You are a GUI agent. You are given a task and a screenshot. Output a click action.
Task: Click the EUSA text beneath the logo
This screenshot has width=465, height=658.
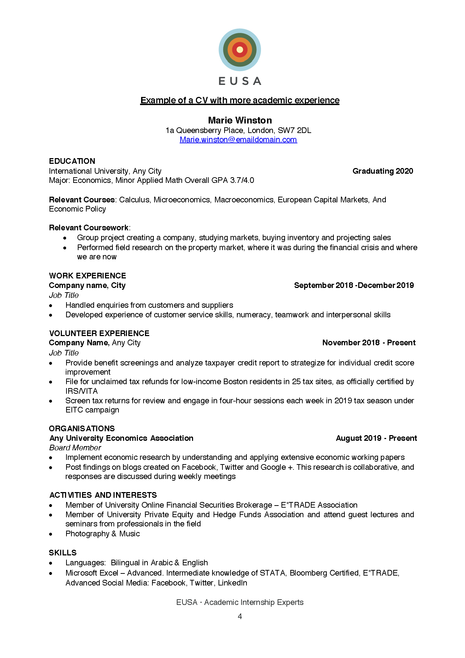(240, 81)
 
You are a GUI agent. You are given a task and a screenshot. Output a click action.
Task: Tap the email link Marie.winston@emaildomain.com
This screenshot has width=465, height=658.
(238, 140)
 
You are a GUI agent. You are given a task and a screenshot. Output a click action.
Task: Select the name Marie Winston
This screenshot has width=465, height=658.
(240, 120)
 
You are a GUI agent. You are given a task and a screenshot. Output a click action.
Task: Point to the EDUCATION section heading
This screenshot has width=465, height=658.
(72, 161)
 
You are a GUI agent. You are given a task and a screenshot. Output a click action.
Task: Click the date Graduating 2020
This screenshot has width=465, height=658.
(383, 171)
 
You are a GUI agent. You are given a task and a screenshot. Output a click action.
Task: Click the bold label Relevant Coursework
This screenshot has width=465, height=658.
(89, 228)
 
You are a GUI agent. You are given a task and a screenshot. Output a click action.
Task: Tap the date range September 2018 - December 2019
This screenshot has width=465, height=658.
(354, 285)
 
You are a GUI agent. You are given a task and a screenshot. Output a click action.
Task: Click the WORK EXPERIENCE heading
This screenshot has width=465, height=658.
(87, 276)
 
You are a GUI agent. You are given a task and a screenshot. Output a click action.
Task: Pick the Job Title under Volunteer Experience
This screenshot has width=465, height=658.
(64, 353)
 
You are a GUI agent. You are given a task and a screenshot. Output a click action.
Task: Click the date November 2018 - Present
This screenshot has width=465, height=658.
(368, 343)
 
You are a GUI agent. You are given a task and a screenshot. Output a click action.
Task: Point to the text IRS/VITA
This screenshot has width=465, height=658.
(81, 391)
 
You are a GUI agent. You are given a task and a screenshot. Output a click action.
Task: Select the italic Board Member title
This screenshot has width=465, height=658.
(75, 448)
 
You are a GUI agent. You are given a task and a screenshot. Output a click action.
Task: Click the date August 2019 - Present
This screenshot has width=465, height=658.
(376, 438)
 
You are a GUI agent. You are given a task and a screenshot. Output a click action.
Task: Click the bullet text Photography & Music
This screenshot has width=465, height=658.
(103, 534)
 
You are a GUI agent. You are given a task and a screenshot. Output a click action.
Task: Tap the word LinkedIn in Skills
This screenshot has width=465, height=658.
(232, 583)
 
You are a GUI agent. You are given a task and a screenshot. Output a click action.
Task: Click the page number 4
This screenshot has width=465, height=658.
(240, 617)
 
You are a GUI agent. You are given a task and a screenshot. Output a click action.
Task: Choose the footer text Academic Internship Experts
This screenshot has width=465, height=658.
(254, 602)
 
